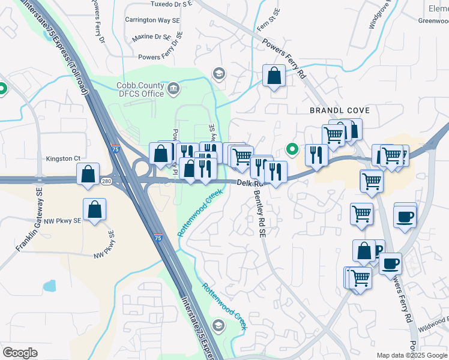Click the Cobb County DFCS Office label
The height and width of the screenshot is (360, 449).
tap(140, 90)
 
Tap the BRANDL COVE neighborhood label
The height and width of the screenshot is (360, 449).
tap(339, 110)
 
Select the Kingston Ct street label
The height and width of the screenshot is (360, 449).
tap(63, 158)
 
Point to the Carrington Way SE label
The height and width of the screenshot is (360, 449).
tap(152, 20)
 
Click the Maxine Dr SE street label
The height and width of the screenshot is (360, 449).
tap(152, 37)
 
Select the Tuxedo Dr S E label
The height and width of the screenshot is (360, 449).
tap(162, 4)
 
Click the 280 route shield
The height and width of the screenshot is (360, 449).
tap(107, 181)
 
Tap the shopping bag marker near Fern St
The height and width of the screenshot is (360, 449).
tap(274, 76)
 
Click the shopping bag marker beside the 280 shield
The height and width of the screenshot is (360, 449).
tap(88, 175)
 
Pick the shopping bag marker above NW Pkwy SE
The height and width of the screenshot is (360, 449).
tap(95, 209)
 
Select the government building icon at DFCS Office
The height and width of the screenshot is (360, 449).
tap(173, 89)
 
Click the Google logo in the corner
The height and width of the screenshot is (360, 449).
tap(20, 353)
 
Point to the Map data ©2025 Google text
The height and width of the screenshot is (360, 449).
tap(412, 355)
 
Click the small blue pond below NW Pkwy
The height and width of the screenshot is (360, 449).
tap(49, 286)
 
